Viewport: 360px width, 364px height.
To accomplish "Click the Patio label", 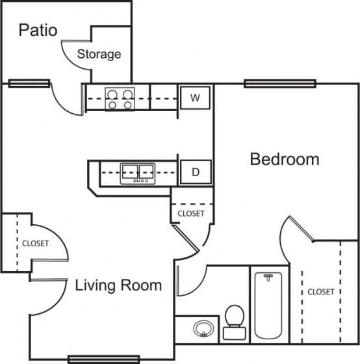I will coord(38,30).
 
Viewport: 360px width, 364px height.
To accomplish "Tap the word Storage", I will coord(99,54).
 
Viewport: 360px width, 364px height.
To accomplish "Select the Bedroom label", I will coord(285,159).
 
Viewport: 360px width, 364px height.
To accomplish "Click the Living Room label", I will coord(118,285).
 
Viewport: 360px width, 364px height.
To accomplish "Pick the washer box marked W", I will coord(194,97).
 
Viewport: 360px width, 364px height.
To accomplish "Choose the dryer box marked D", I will coord(194,172).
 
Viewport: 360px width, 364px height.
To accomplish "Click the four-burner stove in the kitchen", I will coord(119,98).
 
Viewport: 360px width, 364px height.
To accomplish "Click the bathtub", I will coord(267,304).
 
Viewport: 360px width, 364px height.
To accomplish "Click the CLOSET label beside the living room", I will coord(35,244).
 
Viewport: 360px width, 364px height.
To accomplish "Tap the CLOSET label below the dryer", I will coord(190,213).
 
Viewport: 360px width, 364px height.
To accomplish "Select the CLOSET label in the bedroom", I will coord(321,292).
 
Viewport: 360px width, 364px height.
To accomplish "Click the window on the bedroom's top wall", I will coord(279,83).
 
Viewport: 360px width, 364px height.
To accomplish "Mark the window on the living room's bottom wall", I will coord(104,358).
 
